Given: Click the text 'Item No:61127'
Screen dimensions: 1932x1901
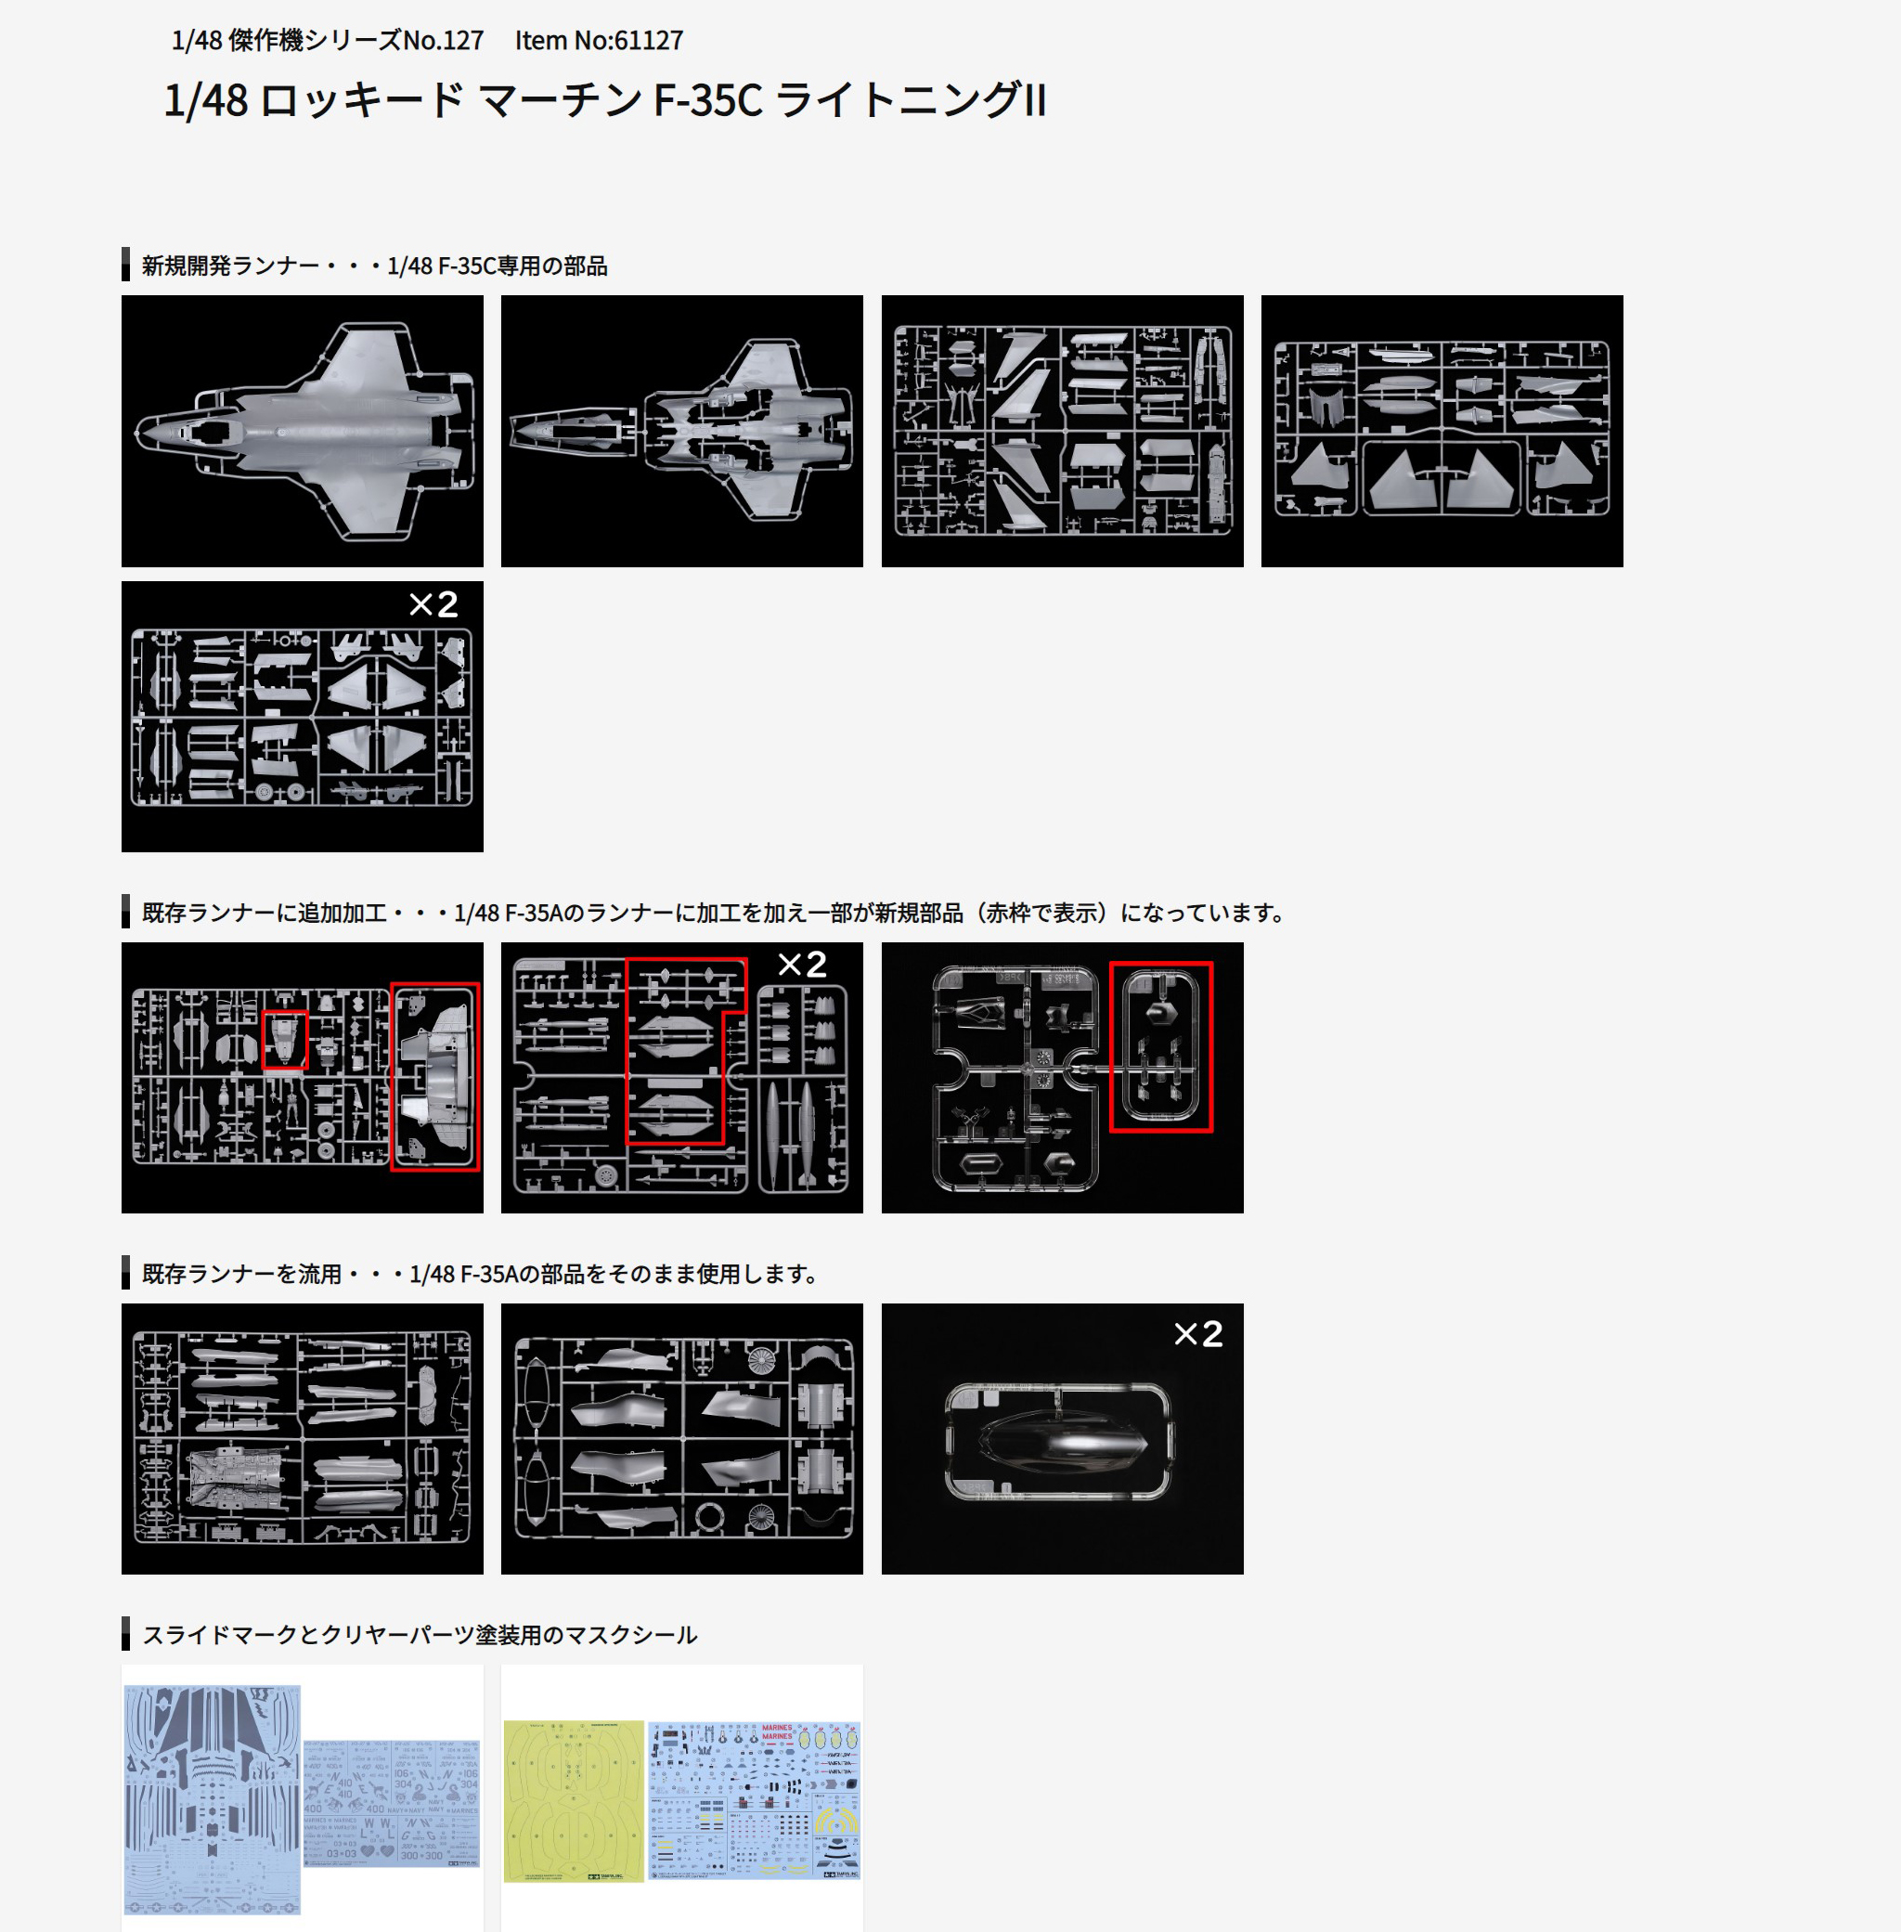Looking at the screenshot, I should [599, 41].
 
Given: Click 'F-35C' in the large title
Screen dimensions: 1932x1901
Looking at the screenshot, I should [707, 101].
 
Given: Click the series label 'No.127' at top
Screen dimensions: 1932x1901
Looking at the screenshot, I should [444, 41].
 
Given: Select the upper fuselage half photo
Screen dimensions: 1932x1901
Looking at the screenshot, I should [303, 432].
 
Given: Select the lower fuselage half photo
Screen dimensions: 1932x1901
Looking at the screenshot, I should [682, 432].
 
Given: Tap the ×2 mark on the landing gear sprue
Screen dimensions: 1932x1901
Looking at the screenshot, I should [433, 605].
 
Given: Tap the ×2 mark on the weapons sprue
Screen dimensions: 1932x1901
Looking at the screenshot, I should [803, 965].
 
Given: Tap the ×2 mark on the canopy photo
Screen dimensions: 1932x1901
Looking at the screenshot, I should [1198, 1334].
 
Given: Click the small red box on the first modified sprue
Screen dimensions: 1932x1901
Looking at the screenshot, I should [285, 1040].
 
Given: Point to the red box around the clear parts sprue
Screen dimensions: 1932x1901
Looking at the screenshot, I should [1161, 1046].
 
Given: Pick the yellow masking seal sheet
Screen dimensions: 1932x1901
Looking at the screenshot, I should [574, 1800].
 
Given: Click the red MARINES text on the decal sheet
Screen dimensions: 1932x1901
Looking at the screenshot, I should [777, 1731].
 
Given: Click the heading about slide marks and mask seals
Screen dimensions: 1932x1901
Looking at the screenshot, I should [420, 1635].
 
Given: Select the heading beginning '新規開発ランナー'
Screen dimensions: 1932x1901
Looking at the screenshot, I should [374, 266].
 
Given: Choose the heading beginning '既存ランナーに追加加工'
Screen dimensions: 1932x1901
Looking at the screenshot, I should [713, 913].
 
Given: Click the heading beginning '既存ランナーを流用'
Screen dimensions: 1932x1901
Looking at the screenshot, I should [479, 1274].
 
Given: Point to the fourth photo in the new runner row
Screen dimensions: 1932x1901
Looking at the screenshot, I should [1442, 432].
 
